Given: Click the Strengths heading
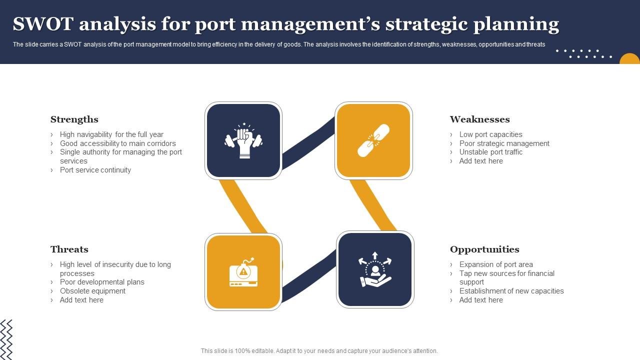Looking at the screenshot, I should (74, 119).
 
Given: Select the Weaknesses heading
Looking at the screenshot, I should (479, 119).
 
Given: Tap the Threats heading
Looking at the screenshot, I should (69, 249).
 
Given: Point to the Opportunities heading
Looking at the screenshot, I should (484, 249).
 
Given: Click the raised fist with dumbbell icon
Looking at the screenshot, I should (243, 140).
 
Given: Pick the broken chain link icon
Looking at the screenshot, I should (373, 140).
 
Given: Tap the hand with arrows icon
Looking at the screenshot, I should (375, 269).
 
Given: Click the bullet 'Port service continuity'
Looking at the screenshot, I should (95, 170).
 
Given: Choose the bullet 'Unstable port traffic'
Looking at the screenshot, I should (490, 152).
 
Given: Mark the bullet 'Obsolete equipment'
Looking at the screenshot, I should (92, 291).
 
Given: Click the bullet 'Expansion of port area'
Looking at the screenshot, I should (495, 264).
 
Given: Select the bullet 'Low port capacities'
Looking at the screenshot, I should (490, 134).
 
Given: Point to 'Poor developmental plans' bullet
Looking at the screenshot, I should (102, 282).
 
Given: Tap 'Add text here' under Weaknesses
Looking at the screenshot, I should (481, 161).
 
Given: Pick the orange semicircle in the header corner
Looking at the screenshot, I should (630, 59).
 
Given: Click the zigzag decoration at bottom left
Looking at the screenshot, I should (6, 339).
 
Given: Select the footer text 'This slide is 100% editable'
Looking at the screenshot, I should (319, 351).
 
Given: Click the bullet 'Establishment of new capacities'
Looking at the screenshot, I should (511, 291).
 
